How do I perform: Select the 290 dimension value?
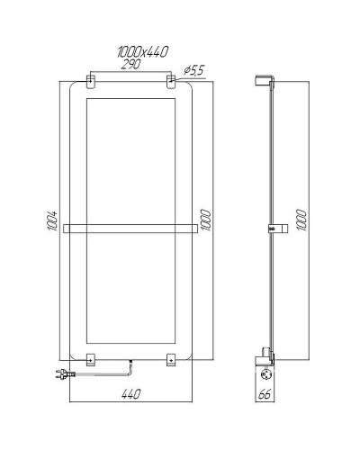click(x=131, y=65)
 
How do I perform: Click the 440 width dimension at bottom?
click(x=131, y=393)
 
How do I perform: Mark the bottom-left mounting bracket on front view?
click(x=92, y=359)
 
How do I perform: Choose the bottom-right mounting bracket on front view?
click(x=170, y=359)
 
